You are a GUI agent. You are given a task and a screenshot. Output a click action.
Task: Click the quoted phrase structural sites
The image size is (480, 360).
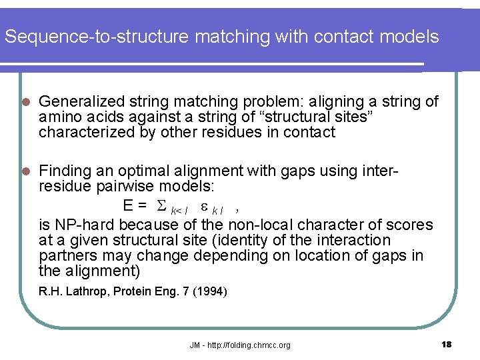tap(321, 117)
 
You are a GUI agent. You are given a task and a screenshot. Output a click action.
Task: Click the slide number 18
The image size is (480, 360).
tap(446, 344)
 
